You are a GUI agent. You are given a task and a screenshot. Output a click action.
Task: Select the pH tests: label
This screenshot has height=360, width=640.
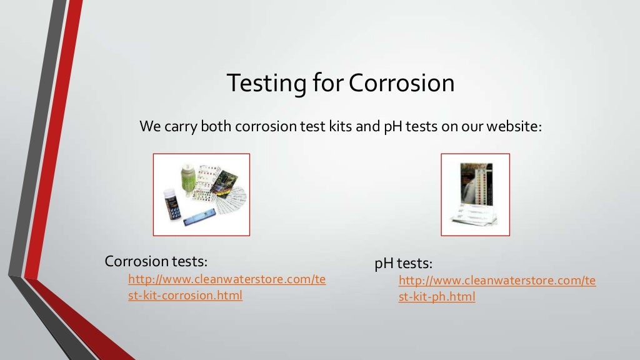tap(403, 263)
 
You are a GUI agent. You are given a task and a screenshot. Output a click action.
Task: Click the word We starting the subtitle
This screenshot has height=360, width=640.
tap(151, 126)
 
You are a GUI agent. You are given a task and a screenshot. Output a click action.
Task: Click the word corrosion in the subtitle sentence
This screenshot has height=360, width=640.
tap(265, 126)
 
